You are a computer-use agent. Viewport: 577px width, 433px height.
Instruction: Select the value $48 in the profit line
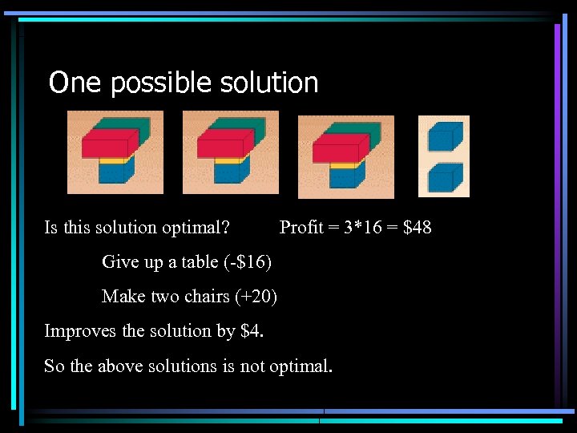417,228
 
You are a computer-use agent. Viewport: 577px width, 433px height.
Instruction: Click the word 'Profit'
301,228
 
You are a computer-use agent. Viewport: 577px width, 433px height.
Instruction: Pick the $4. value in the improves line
252,331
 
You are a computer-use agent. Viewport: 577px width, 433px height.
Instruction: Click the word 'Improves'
75,331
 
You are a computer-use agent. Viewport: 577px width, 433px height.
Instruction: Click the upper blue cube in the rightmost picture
444,136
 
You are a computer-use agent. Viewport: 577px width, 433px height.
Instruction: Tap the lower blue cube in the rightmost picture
444,178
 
